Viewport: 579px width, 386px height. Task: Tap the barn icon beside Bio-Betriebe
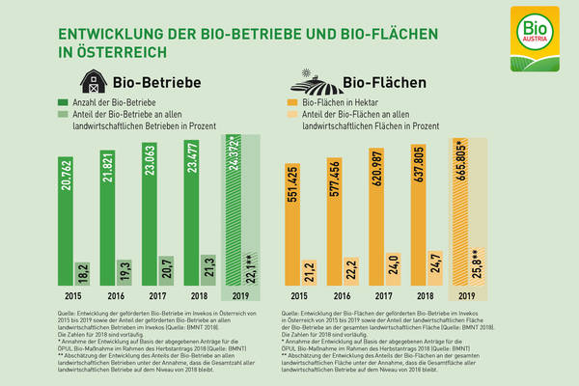coord(95,80)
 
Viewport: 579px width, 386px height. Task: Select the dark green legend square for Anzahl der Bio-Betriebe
coord(64,101)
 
